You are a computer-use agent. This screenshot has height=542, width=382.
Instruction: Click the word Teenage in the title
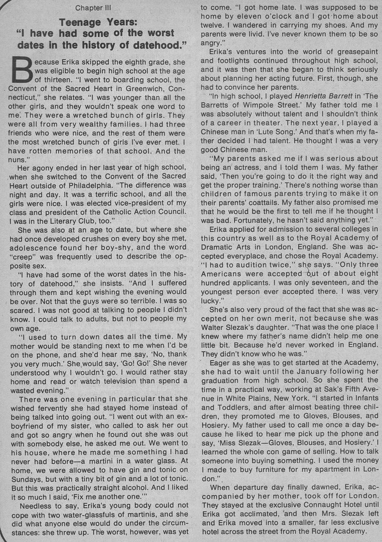(x=80, y=22)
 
